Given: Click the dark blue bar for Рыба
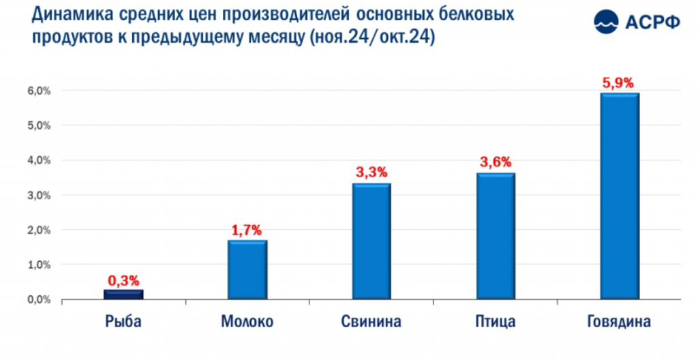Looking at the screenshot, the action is pos(124,295).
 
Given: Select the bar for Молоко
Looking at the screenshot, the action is pos(247,270).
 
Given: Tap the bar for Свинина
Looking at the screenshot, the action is pos(371,241).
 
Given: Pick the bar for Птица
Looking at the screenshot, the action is pos(496,236).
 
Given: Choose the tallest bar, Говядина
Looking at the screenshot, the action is pos(620,196).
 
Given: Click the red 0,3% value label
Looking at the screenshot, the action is pos(124,281).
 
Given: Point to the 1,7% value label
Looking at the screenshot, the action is pos(246,230).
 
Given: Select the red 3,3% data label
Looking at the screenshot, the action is pos(371,172).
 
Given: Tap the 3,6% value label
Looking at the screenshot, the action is pos(496,162).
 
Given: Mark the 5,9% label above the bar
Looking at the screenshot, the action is pos(620,83).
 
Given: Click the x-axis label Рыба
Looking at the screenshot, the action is pos(123,322).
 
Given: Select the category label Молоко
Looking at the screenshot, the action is pos(247,322).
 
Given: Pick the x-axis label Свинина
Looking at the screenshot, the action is pos(371,322).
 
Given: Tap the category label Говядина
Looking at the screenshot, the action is pos(619,322).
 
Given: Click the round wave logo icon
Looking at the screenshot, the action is pos(606,21).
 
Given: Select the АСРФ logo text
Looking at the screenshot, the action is pos(652,21).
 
